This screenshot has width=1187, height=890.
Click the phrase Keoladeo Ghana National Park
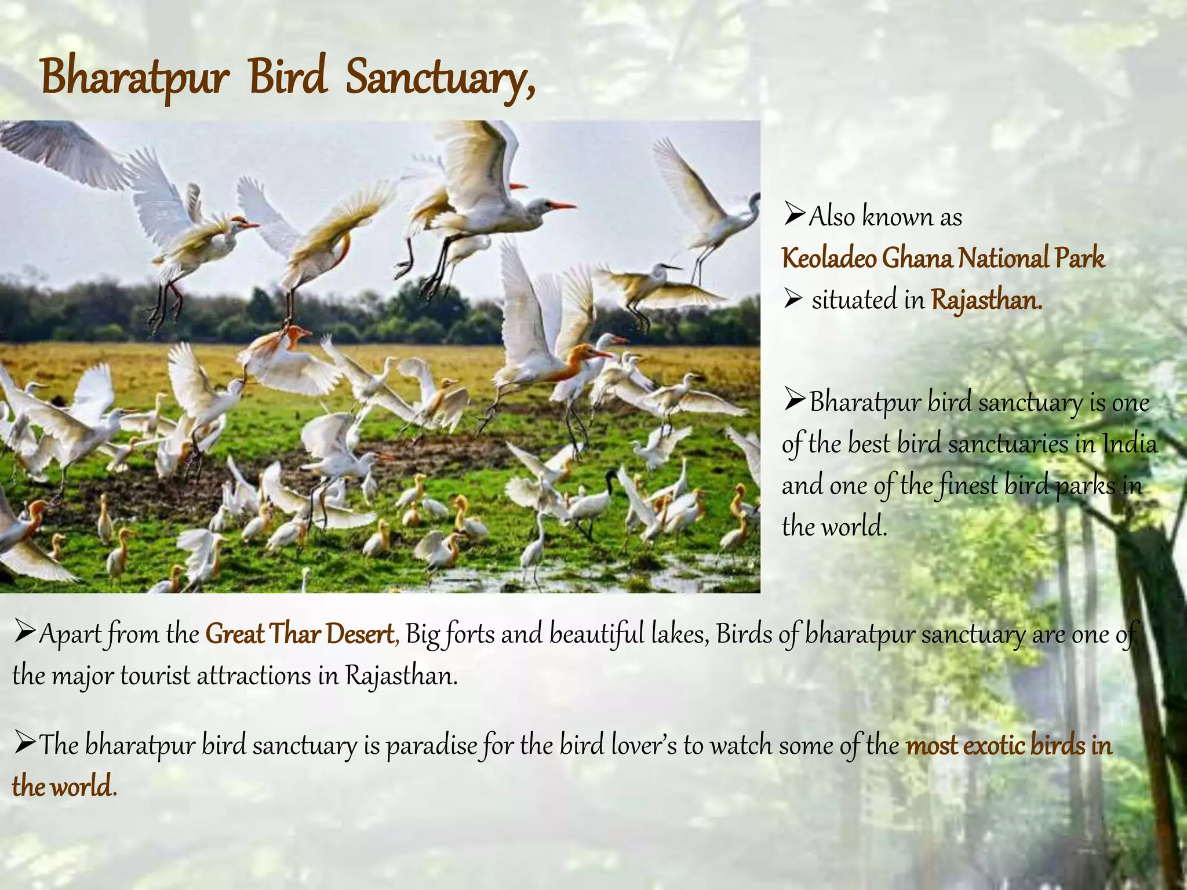point(943,258)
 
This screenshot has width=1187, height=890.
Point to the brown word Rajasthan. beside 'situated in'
point(986,300)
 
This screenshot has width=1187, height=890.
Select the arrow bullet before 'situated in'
point(793,300)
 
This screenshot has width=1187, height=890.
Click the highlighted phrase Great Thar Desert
point(300,634)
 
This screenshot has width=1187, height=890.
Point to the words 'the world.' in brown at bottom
point(64,787)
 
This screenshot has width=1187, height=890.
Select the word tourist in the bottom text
point(155,676)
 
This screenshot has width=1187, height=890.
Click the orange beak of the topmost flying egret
point(561,205)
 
